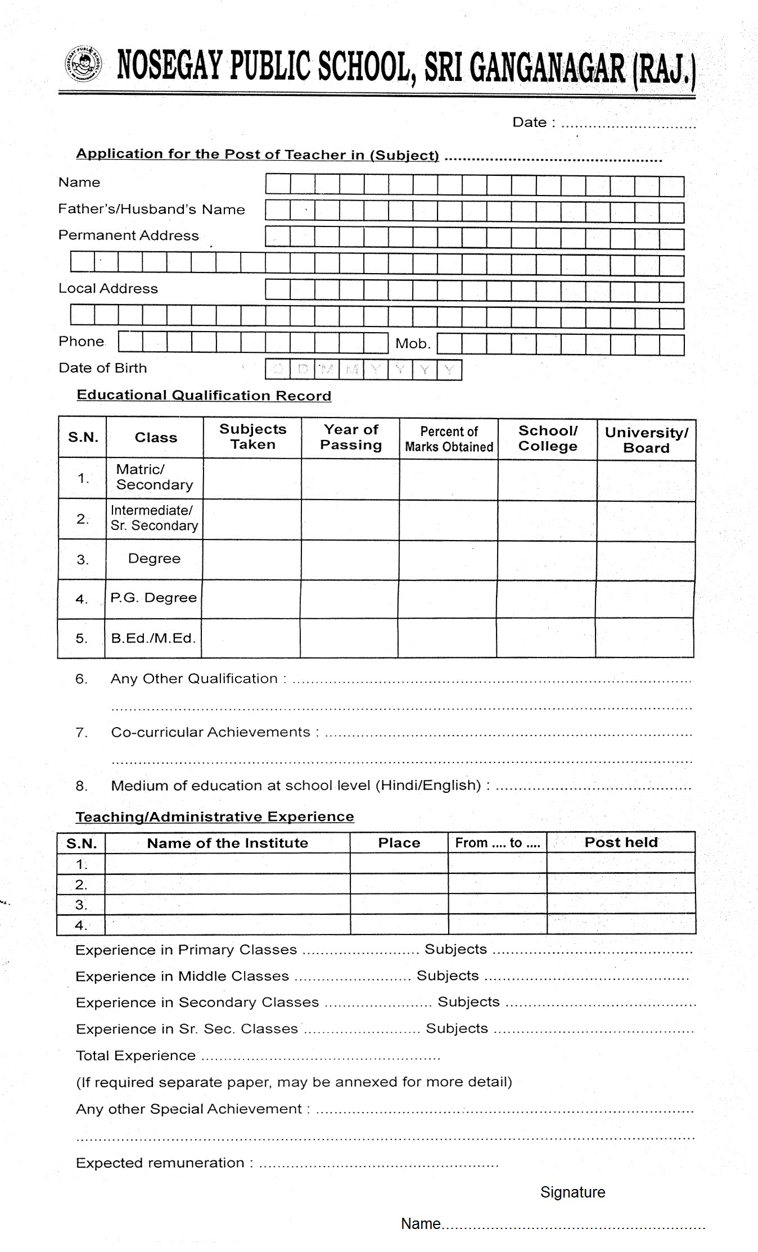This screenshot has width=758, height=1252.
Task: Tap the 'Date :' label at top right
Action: (533, 123)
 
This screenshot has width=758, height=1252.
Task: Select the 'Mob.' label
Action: (413, 343)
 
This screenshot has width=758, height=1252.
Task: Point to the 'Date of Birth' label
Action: (102, 368)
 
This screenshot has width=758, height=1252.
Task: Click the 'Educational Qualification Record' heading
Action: (204, 396)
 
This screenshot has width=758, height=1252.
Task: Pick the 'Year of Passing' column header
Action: (351, 437)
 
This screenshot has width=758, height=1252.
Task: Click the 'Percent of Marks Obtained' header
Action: (449, 439)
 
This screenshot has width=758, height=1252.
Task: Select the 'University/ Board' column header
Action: (646, 440)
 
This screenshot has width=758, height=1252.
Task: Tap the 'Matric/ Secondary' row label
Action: (154, 477)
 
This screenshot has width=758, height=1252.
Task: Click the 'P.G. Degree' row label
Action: (154, 598)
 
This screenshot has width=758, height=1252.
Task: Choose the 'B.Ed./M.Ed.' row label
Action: (153, 638)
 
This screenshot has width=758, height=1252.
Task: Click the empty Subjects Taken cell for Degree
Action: (252, 560)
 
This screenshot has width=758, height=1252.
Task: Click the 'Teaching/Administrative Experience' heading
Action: (215, 816)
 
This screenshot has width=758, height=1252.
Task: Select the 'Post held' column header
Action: (621, 842)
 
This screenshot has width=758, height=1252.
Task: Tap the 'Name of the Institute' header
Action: (227, 843)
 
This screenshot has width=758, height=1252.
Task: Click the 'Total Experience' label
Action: (136, 1056)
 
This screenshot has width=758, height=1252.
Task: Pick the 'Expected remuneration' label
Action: (160, 1163)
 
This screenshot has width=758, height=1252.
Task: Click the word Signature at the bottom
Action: (572, 1192)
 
